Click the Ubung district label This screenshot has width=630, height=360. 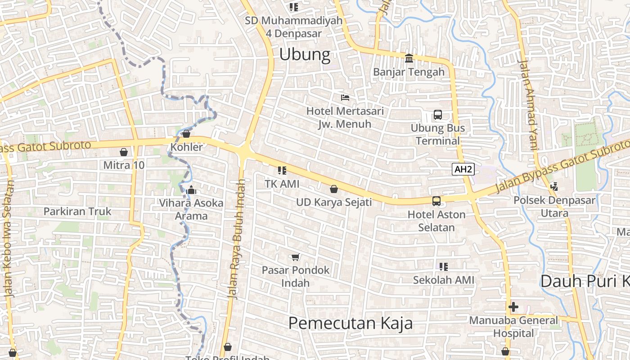coord(305,54)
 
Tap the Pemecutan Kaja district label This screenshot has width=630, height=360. coord(351,323)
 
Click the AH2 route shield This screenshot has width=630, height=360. coord(463,169)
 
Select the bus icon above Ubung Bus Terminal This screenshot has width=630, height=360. coord(438,115)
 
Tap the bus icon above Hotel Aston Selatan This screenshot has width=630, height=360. coord(436,201)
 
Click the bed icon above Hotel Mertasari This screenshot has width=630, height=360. coord(345,97)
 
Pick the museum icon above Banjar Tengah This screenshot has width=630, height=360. coord(409,58)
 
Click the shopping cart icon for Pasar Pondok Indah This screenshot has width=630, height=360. coord(296,257)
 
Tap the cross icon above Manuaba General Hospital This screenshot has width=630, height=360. coord(513,307)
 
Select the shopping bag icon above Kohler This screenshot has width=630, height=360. coord(186,134)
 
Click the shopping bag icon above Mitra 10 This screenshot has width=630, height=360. coord(124,152)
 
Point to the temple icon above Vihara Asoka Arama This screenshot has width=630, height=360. coord(192,190)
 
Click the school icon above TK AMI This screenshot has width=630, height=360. coord(282,171)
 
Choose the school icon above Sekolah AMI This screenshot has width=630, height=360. coord(444,267)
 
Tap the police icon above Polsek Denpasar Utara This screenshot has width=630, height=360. coord(554,186)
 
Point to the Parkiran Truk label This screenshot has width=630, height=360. coord(77,211)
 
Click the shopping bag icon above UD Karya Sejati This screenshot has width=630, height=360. coord(334,189)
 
